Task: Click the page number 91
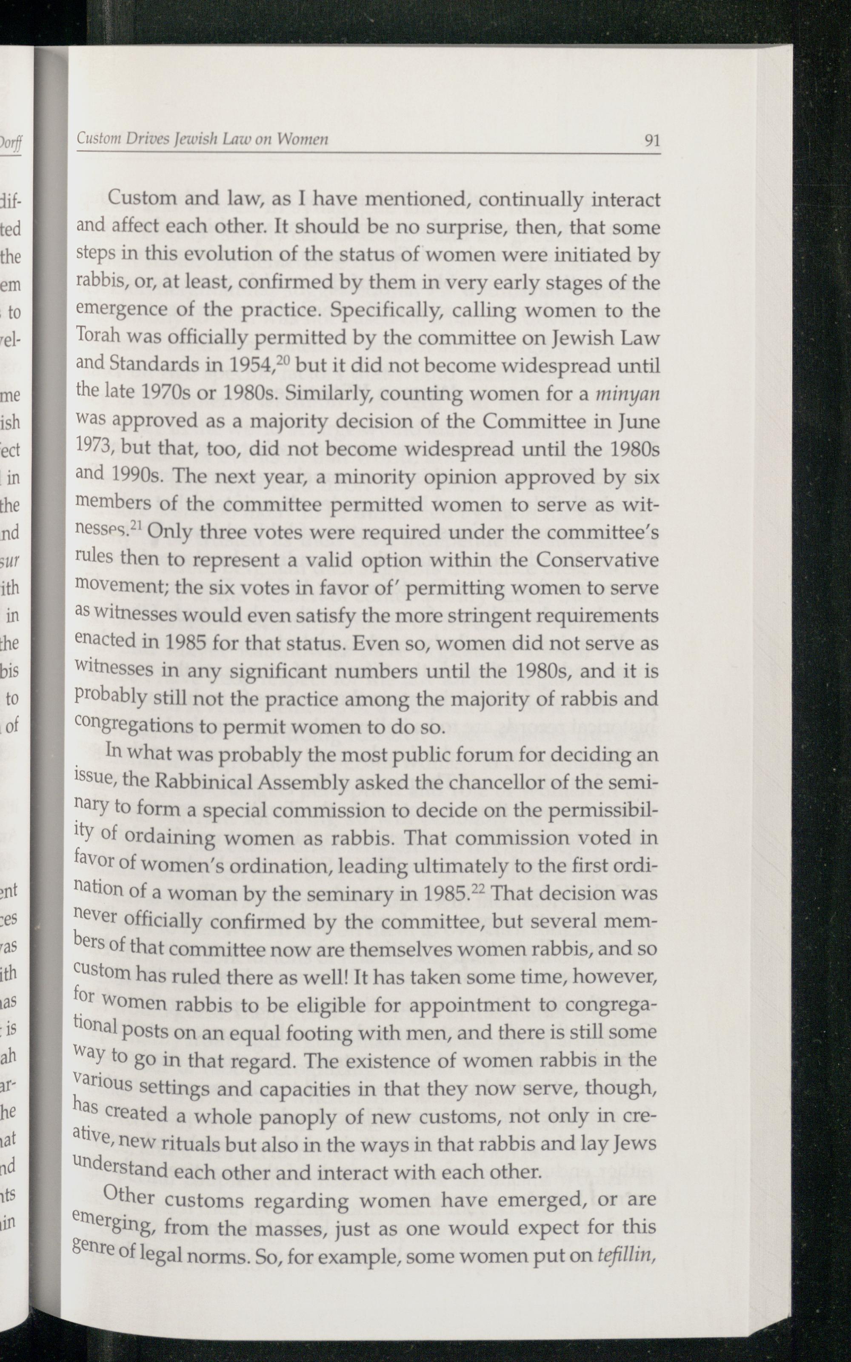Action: click(x=652, y=140)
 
